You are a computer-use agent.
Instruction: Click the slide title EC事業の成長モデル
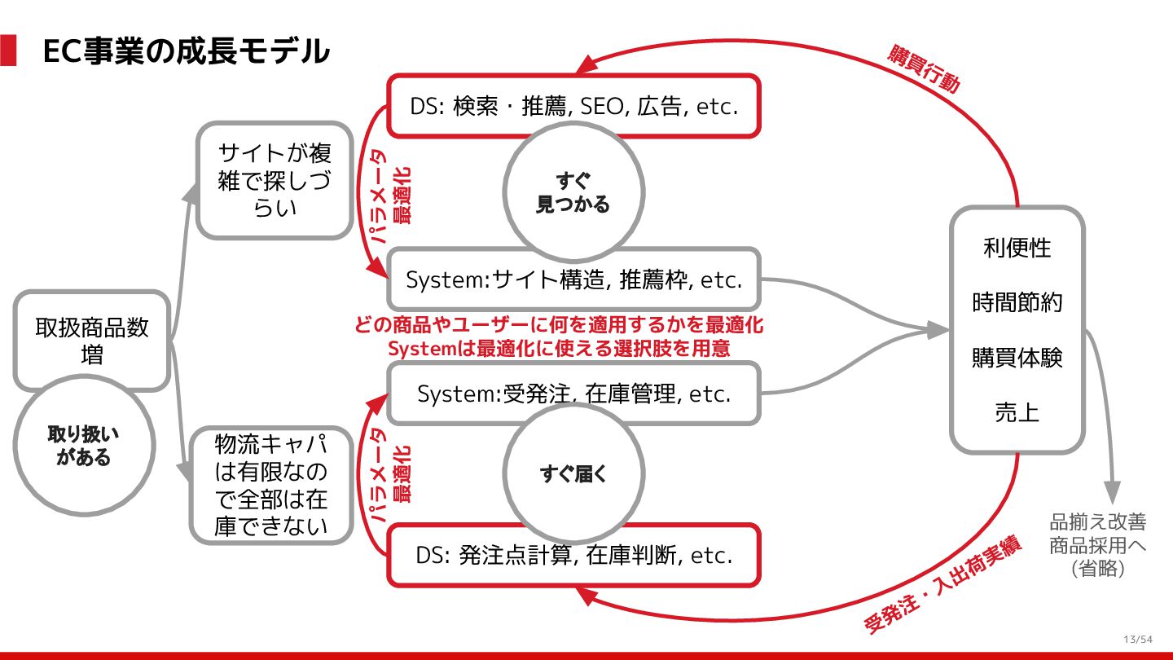[x=186, y=51]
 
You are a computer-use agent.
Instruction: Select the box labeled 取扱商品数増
[x=92, y=341]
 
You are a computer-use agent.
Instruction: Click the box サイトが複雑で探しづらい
[x=275, y=180]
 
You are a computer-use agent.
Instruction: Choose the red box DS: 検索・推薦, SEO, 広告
[x=573, y=106]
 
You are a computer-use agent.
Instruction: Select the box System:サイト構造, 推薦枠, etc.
[x=573, y=279]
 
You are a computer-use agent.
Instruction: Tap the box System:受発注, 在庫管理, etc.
[x=573, y=394]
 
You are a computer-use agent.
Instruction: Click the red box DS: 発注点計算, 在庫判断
[x=573, y=556]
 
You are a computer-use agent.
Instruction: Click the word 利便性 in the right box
[x=1017, y=248]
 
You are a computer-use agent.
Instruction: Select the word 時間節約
[x=1017, y=303]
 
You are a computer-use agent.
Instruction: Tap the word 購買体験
[x=1017, y=358]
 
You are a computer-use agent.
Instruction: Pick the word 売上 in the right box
[x=1017, y=412]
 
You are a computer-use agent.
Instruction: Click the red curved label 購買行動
[x=924, y=69]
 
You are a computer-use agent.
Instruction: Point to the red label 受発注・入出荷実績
[x=942, y=586]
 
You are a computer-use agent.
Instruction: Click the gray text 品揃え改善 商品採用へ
[x=1097, y=534]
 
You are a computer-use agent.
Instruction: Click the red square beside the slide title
[x=8, y=51]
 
